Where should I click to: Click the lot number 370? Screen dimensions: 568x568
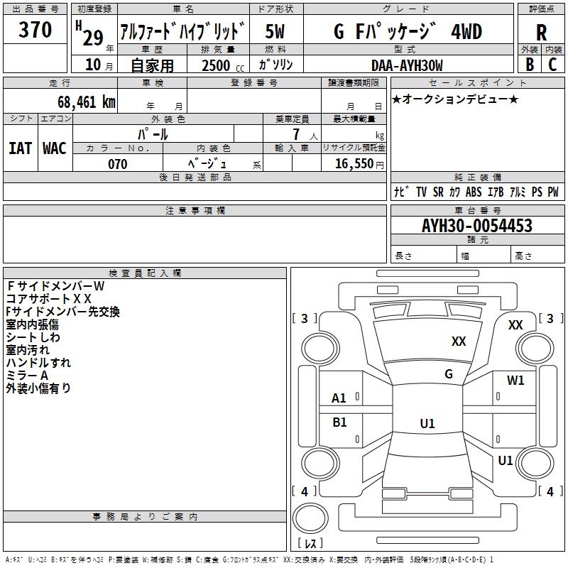coord(35,31)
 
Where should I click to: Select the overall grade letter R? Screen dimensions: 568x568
coord(541,33)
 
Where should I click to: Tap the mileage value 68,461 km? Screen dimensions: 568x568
coord(87,102)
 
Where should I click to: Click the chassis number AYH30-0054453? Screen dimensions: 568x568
coord(476,226)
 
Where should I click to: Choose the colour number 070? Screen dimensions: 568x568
coord(117,164)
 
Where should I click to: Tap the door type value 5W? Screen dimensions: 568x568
coord(275,32)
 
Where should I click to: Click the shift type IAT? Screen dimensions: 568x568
coord(20,148)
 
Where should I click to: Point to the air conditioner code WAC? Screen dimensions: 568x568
coord(54,148)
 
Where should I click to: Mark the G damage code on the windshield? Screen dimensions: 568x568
coord(449,374)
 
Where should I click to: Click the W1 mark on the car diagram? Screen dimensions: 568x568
coord(515,381)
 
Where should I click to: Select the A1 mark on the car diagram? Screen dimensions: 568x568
coord(339,398)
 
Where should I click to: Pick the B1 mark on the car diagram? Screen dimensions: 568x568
coord(340,422)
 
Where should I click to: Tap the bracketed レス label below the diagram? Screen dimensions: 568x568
coord(310,544)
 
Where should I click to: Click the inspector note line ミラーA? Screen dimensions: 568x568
coord(27,376)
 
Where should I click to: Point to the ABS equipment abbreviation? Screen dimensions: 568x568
coord(474,192)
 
